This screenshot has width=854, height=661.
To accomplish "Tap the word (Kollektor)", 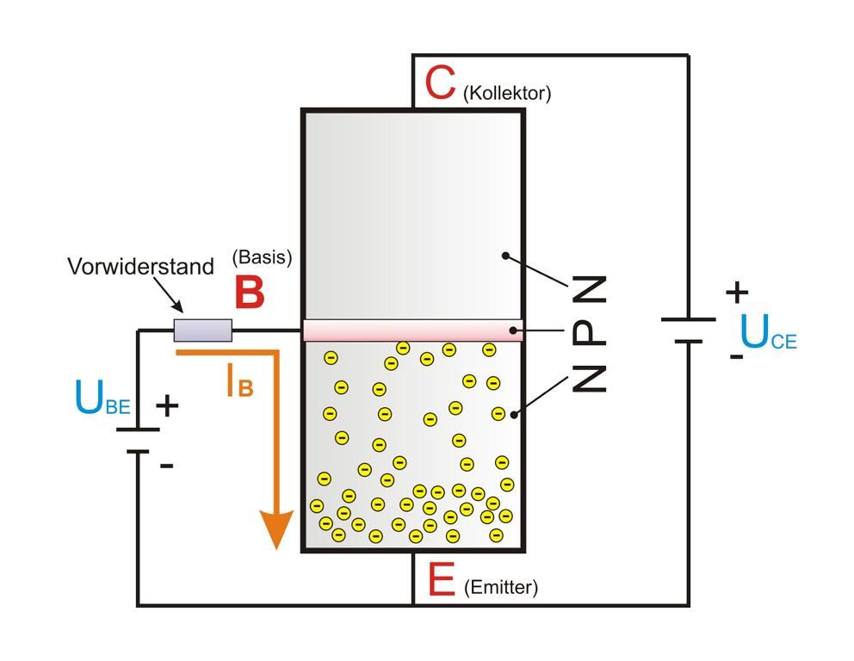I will [507, 93].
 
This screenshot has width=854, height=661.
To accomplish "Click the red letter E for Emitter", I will [441, 580].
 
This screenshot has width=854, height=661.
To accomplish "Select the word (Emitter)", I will [500, 588].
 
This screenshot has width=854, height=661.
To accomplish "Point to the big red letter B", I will [250, 293].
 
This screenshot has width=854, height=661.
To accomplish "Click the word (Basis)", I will [263, 256].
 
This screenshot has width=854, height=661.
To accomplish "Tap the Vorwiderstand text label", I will [140, 267].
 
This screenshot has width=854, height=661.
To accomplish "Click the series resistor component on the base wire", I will [203, 330].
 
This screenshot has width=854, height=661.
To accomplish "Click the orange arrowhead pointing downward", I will [277, 528].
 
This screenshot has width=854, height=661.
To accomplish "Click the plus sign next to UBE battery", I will [167, 405].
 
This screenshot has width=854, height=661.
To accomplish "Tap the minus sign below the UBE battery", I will [167, 466].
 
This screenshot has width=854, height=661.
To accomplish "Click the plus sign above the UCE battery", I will [736, 293].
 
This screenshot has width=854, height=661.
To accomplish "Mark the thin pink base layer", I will [412, 331].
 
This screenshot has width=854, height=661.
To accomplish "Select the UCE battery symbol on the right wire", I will [688, 330].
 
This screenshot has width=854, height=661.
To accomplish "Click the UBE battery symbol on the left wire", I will [138, 440].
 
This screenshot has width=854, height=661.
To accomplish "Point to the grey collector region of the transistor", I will [412, 215].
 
